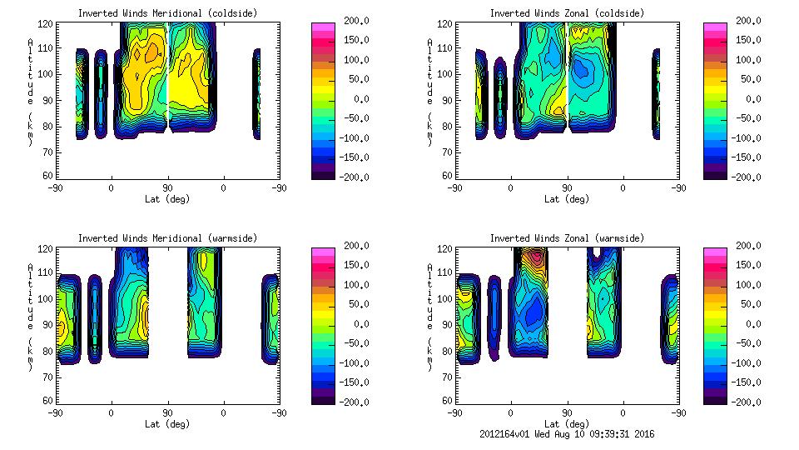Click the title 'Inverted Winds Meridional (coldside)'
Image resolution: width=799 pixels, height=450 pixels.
coord(167,13)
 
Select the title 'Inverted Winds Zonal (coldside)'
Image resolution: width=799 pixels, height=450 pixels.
coord(567,13)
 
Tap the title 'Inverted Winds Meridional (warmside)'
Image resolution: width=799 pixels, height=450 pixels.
coord(167,238)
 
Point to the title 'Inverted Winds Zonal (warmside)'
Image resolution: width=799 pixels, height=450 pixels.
coord(567,238)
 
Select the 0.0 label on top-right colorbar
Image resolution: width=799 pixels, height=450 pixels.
coord(751,99)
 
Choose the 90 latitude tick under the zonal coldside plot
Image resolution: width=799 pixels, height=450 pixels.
coord(567,188)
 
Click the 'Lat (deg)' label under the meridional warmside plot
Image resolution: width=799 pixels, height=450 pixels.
coord(167,423)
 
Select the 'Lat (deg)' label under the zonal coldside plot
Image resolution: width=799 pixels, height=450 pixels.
coord(567,199)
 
